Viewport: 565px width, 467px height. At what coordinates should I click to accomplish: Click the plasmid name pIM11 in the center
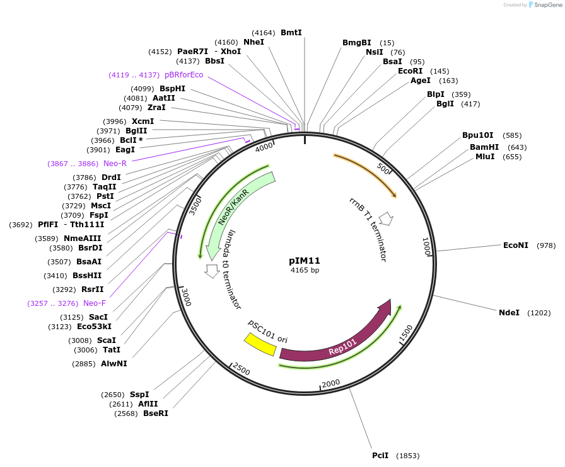tap(305, 260)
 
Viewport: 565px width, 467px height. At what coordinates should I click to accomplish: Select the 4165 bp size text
tap(305, 270)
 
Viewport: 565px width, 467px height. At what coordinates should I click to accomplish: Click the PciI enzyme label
tap(380, 456)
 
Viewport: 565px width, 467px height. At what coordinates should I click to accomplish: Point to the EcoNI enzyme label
tap(515, 245)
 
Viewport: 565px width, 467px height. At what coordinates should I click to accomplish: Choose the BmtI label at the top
tap(291, 32)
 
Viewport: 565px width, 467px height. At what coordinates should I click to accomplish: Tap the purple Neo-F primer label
tap(95, 303)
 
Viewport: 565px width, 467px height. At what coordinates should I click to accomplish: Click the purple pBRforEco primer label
tap(183, 75)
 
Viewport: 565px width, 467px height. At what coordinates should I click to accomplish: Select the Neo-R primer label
tap(115, 164)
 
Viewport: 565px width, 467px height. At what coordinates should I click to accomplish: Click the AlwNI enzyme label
tap(114, 364)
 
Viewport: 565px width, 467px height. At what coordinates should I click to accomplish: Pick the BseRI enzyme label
tap(156, 414)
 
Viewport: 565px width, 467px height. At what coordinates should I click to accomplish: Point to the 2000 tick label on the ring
tap(331, 384)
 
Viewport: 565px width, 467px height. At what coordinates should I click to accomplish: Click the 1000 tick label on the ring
tap(426, 247)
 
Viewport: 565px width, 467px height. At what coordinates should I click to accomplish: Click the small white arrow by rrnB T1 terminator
tap(387, 218)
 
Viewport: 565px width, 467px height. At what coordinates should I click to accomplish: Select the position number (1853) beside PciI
tap(407, 456)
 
